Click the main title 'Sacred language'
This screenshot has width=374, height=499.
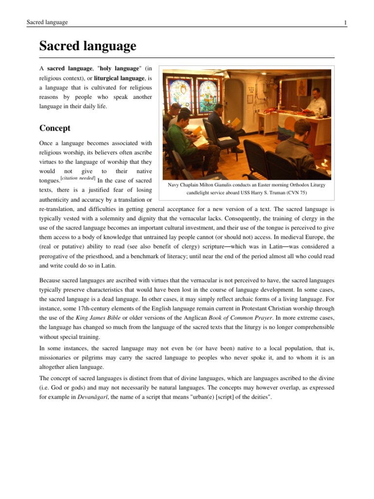pyautogui.click(x=88, y=47)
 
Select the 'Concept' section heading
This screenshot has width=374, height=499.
pyautogui.click(x=55, y=128)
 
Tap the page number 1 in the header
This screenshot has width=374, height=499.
pyautogui.click(x=345, y=23)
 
